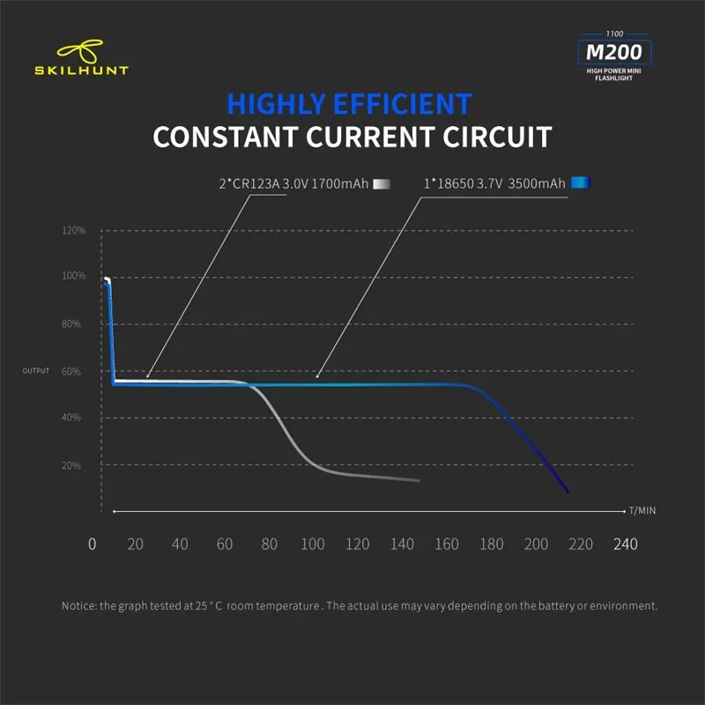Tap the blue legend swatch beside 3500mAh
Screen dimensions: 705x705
[x=580, y=183]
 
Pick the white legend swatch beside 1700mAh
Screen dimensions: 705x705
[x=381, y=184]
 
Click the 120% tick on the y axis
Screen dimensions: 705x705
[x=74, y=231]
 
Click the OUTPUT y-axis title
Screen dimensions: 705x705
[x=36, y=370]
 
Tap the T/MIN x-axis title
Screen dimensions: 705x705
[x=642, y=510]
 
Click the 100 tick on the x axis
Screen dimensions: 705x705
[x=312, y=544]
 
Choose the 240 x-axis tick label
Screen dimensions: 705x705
[x=626, y=544]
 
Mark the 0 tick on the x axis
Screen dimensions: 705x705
[x=93, y=544]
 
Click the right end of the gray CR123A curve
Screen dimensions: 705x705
[x=419, y=480]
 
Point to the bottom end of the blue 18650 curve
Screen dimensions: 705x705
[x=568, y=491]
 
